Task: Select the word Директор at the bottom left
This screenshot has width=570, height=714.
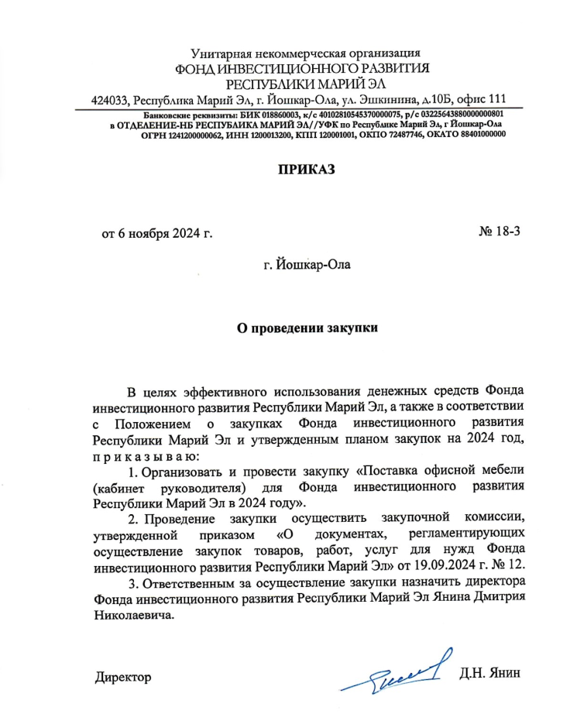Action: [122, 676]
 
